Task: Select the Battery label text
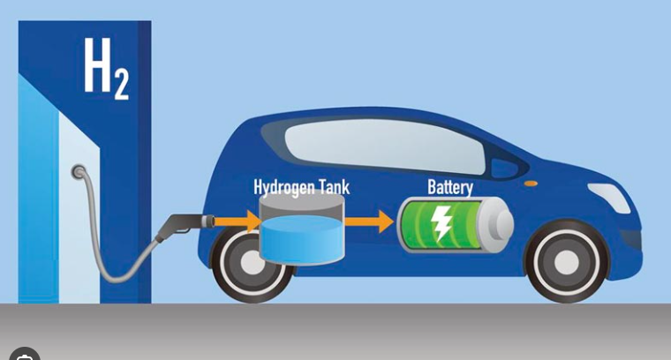click(450, 187)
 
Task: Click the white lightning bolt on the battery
click(441, 224)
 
